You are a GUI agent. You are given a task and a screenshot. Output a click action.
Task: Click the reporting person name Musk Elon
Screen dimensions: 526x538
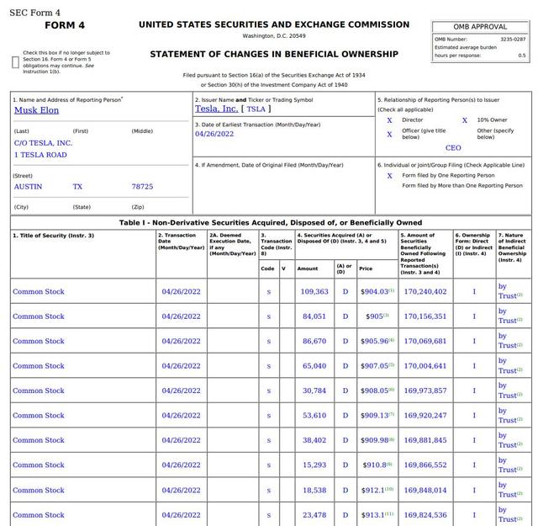coord(36,109)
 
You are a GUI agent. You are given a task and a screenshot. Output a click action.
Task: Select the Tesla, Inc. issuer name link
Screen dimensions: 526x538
coord(216,109)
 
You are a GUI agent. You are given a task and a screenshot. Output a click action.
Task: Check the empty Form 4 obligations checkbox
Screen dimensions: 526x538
coord(16,61)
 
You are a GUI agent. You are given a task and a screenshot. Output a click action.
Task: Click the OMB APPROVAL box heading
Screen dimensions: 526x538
coord(480,27)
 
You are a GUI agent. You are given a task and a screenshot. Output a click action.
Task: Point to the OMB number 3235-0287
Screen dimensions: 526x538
coord(512,39)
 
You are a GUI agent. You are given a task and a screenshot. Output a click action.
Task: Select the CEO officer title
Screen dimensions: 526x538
coord(453,148)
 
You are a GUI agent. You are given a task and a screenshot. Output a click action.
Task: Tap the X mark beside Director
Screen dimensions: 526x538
coord(389,120)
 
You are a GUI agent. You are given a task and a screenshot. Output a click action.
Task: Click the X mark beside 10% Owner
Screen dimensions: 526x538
coord(464,120)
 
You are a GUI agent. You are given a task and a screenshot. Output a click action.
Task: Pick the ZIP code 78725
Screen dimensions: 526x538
coord(142,186)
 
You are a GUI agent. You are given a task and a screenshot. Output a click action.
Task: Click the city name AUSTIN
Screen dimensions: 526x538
coord(28,186)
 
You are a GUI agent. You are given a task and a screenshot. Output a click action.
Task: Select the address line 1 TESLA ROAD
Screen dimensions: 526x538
coord(40,155)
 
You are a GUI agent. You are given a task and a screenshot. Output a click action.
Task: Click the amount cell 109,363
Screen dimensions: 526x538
coord(314,292)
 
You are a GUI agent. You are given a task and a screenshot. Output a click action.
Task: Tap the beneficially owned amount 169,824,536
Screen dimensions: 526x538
coord(425,515)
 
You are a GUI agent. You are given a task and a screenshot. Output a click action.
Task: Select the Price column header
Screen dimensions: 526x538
coord(366,268)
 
